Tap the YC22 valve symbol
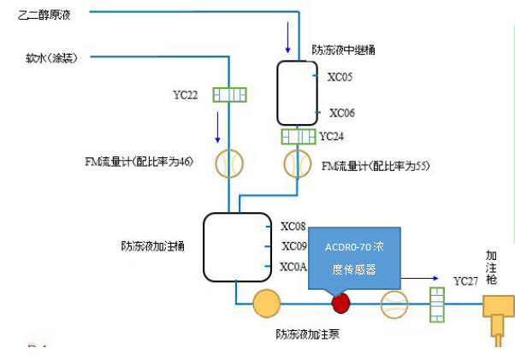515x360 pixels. [229, 95]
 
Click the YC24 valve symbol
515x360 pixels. [299, 137]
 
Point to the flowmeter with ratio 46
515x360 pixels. [229, 162]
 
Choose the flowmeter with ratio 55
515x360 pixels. [299, 162]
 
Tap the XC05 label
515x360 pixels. [340, 76]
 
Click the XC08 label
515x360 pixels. [293, 227]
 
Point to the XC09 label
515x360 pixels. [293, 246]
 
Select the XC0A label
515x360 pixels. [293, 267]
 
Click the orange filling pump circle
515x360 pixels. [266, 303]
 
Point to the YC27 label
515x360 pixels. [466, 280]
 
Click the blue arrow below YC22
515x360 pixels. [218, 127]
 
